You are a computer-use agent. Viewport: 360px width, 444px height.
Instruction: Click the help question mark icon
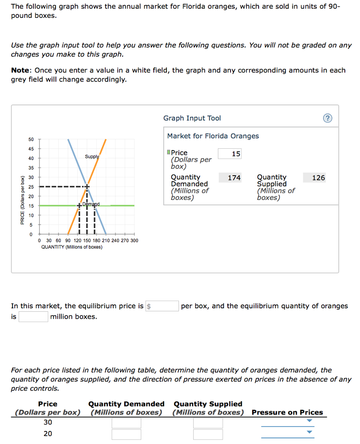coord(328,119)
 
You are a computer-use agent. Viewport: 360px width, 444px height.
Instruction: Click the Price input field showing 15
coord(230,154)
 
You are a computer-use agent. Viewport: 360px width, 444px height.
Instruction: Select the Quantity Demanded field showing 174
coord(230,178)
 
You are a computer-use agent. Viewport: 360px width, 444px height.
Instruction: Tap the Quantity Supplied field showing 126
coord(314,178)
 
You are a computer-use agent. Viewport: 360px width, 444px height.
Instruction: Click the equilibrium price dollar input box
coord(162,306)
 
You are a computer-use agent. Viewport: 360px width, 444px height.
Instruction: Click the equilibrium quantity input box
coord(33,317)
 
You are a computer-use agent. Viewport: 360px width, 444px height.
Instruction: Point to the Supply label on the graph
coord(92,157)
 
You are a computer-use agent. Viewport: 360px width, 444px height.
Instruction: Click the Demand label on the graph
coord(91,204)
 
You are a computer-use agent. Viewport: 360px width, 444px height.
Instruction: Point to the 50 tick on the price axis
coord(30,139)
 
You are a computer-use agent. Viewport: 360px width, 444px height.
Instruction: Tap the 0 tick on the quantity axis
coord(39,241)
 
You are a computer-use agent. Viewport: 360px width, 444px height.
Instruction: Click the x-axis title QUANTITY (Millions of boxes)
coord(72,247)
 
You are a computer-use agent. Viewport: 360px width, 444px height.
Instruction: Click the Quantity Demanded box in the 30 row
coord(126,423)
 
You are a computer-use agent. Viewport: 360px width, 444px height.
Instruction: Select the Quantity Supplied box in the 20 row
coord(208,434)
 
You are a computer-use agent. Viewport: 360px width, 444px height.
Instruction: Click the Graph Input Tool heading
coord(192,118)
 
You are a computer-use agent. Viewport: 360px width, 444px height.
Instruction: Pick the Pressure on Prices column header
coord(287,412)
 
